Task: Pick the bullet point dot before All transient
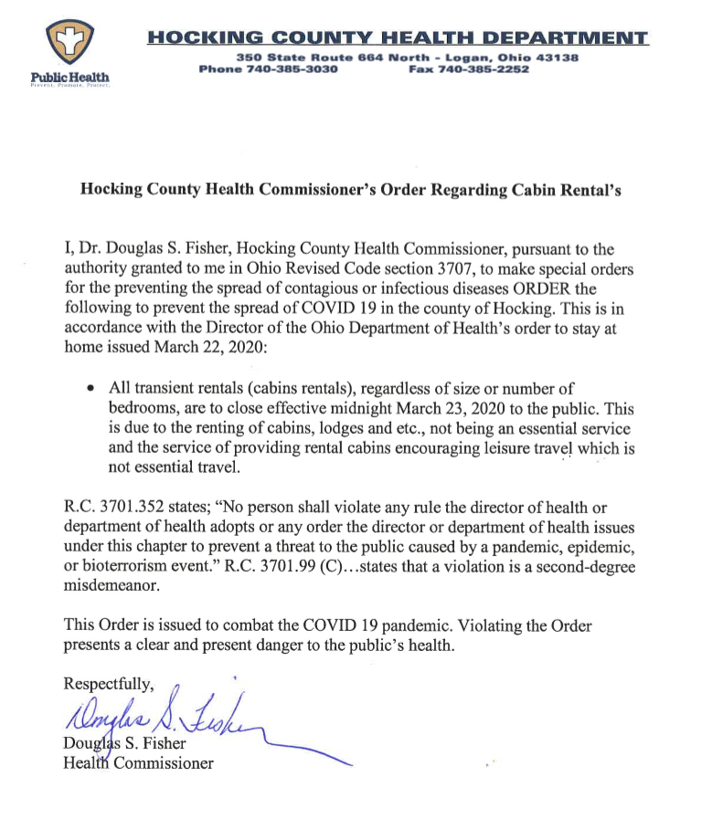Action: (x=90, y=390)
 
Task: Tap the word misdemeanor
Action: (x=112, y=587)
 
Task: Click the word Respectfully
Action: (x=111, y=684)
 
